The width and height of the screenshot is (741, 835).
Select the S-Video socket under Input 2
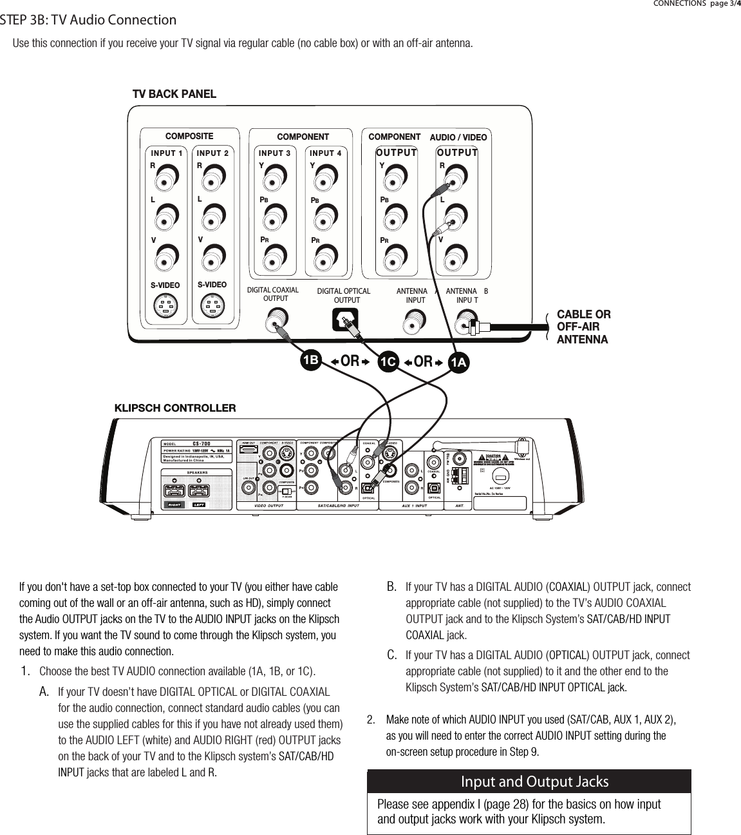pos(212,305)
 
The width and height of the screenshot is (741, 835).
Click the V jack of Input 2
pos(212,254)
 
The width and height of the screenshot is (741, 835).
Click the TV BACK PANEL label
pos(174,94)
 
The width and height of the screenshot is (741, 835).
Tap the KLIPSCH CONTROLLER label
pos(175,408)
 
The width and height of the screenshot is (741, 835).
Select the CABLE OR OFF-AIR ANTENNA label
pos(583,327)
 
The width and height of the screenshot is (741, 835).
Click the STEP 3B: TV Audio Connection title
pos(88,20)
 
